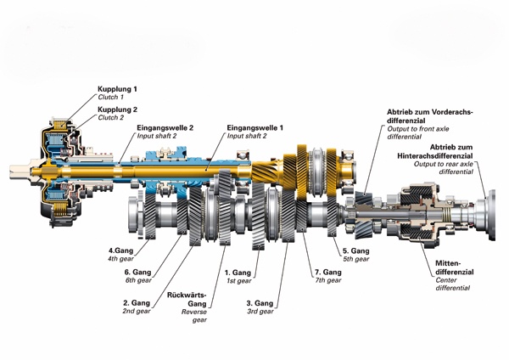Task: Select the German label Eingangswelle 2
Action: (167, 128)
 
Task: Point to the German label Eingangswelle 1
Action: (255, 128)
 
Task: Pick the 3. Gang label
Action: (260, 303)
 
